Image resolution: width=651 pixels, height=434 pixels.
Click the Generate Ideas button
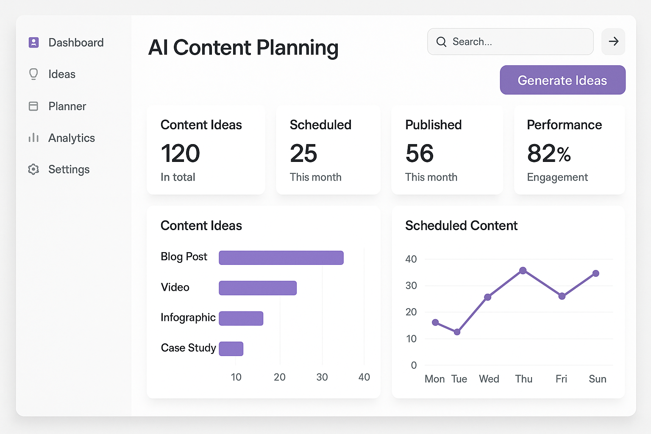coord(562,80)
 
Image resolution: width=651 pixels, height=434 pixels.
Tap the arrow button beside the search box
coord(613,42)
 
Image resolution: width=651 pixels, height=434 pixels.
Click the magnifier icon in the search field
coord(441,42)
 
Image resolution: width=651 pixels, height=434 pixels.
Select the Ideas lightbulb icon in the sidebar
coord(33,74)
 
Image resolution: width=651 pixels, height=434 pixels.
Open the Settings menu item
coord(69,170)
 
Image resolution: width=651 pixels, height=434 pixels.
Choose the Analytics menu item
coord(71,138)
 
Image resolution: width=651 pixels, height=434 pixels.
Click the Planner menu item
coord(67,106)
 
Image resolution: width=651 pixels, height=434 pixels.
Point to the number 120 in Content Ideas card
coord(180,153)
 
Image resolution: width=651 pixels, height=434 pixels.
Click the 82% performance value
coord(549,153)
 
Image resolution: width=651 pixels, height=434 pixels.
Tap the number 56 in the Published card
coord(419,153)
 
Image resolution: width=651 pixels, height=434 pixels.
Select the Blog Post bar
coord(281,258)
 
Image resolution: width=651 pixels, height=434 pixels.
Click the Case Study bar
coord(231,348)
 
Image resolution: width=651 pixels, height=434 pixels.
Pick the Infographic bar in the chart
coord(241,318)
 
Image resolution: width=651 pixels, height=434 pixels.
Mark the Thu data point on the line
coord(523,270)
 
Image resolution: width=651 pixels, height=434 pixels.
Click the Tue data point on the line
coord(457,332)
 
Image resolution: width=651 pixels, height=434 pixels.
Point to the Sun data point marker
coord(595,273)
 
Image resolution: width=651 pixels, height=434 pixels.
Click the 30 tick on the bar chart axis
coord(322,377)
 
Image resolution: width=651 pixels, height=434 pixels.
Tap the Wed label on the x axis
coord(489,379)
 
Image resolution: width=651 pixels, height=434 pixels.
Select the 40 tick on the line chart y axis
coord(411,259)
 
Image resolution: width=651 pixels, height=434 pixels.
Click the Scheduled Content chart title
coord(461,225)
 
